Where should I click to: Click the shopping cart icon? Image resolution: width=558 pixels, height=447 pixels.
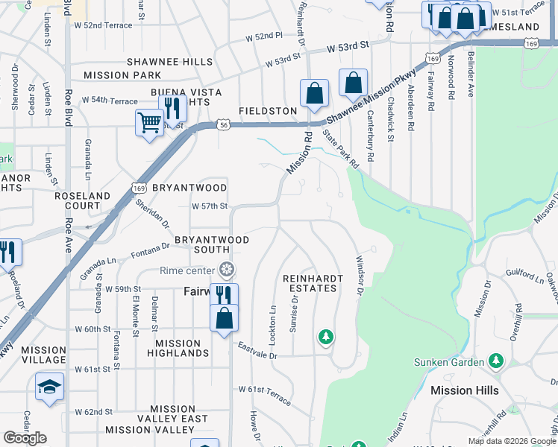(149, 122)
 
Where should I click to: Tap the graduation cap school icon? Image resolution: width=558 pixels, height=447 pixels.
(49, 387)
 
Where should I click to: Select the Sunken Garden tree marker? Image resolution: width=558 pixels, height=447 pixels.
(496, 361)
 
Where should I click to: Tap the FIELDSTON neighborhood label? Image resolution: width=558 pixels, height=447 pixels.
(267, 111)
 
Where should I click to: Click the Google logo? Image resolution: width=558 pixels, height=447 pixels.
(25, 438)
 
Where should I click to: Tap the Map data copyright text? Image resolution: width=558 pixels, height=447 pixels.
(511, 441)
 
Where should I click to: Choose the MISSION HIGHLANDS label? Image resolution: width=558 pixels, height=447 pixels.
(178, 348)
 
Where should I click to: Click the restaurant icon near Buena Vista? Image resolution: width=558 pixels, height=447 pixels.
(173, 109)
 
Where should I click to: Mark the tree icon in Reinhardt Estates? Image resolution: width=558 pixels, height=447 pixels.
(325, 337)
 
